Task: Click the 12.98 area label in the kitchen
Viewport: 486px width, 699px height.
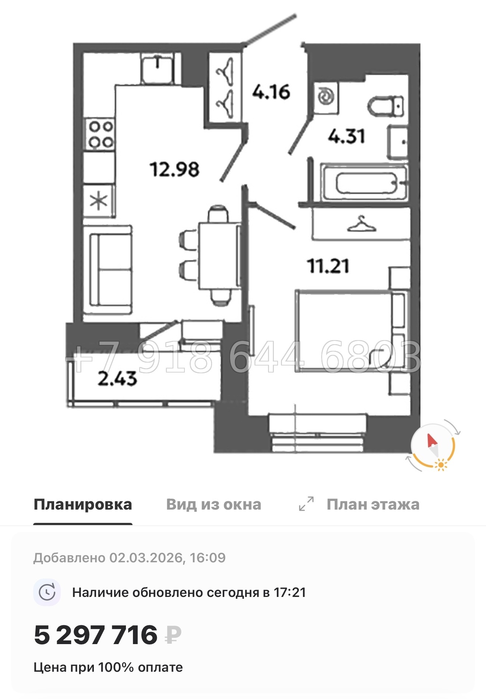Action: (175, 169)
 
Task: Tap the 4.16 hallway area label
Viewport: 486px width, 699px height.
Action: (271, 92)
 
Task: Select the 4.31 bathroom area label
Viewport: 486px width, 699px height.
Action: (346, 136)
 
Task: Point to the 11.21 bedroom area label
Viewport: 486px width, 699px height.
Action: (328, 266)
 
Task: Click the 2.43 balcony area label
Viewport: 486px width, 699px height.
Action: (117, 379)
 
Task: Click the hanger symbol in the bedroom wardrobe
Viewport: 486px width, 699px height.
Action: (361, 225)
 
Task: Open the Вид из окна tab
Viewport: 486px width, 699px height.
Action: (214, 504)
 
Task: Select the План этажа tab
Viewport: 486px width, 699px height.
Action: (373, 504)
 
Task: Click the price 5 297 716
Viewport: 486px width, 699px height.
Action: (96, 635)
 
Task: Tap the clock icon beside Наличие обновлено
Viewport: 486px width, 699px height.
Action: (47, 593)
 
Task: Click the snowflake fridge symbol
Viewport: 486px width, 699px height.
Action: (99, 201)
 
